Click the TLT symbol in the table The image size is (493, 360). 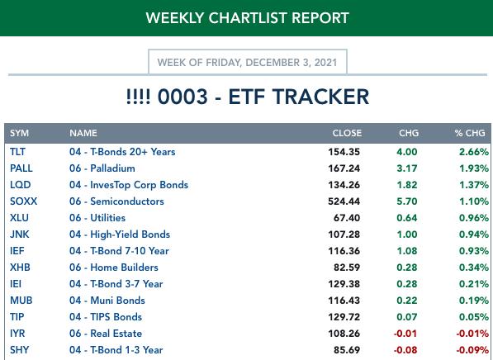pos(17,152)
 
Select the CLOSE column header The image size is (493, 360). pos(347,133)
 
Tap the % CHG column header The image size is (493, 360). pos(470,133)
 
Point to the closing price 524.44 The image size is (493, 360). pos(344,201)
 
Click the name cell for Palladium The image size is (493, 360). pos(102,168)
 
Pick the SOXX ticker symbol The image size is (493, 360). pos(24,201)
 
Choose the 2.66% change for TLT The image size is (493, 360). pos(474,152)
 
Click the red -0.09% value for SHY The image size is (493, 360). pos(472,350)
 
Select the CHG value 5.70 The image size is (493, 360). pos(407,201)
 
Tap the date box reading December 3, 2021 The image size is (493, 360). pos(248,62)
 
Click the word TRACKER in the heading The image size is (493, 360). pos(299,97)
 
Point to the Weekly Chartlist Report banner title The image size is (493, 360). pos(248,18)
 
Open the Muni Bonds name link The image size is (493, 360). pos(107,301)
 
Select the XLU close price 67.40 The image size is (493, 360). pos(347,218)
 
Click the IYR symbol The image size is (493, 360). pos(17,334)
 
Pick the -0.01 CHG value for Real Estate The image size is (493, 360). pos(405,334)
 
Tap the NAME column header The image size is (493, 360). pos(83,133)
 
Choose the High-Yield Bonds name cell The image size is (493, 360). pos(120,234)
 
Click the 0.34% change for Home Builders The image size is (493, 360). pos(474,268)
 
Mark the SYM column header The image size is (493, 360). pos(19,133)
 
